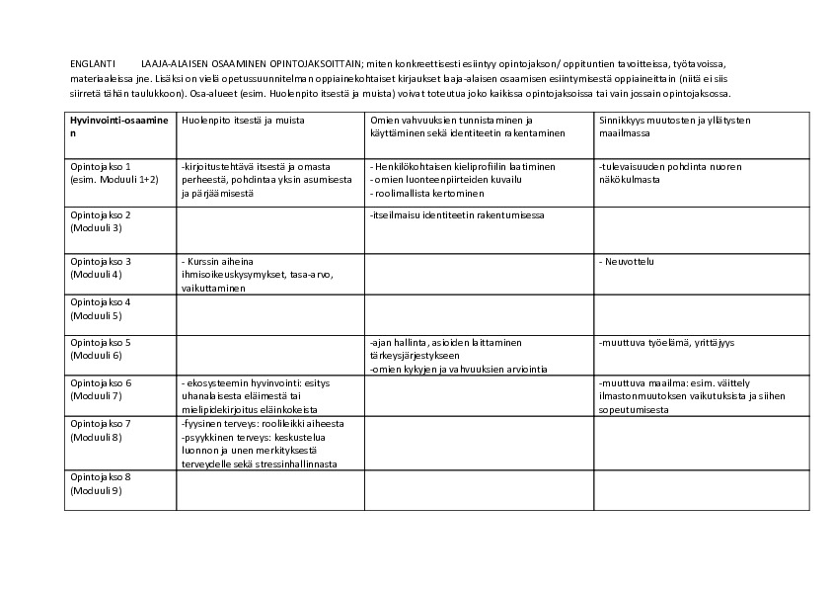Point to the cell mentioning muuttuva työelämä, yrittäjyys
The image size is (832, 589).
click(x=666, y=343)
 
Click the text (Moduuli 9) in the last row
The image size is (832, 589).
click(x=96, y=490)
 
